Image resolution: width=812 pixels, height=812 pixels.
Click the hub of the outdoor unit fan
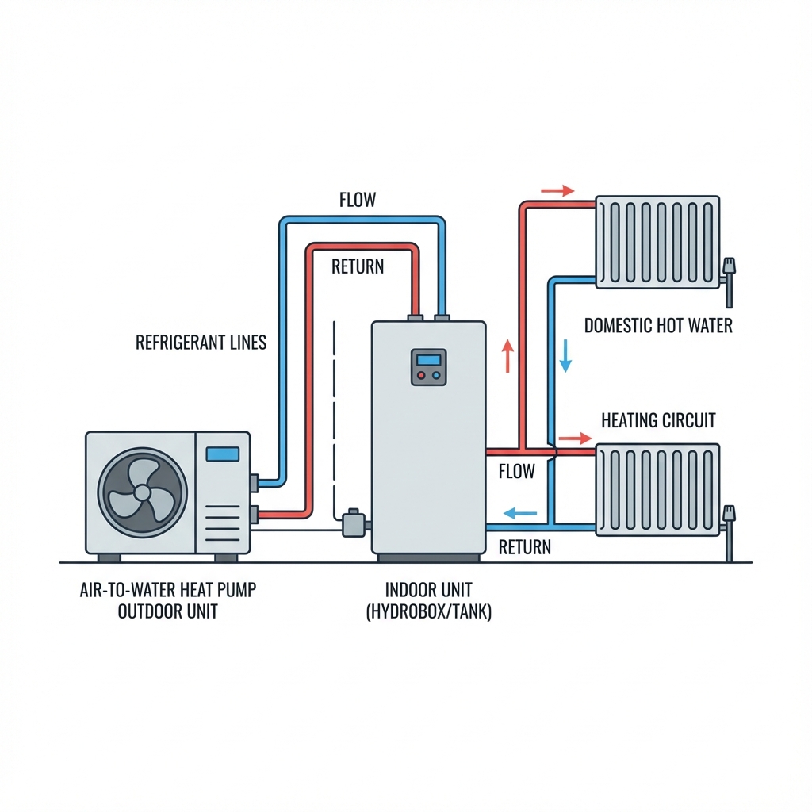click(x=142, y=492)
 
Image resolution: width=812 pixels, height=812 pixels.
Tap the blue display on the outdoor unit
click(x=222, y=454)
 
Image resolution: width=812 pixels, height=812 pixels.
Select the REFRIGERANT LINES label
click(x=201, y=343)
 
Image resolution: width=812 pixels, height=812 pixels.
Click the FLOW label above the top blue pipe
click(x=357, y=200)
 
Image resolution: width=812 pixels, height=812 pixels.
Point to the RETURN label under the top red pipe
click(x=358, y=266)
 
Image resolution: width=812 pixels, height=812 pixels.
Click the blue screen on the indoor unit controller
click(x=428, y=360)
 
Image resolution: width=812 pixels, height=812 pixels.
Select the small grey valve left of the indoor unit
click(x=353, y=525)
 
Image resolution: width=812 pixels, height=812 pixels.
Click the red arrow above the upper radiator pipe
click(x=557, y=190)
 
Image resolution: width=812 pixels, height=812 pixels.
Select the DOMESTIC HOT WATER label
click(x=658, y=325)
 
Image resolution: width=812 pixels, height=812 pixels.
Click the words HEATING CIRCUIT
click(x=658, y=419)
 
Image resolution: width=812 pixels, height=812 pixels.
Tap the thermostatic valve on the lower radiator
click(x=729, y=517)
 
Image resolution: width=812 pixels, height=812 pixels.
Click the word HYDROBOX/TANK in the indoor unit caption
click(x=428, y=613)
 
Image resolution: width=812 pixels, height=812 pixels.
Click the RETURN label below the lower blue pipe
click(x=524, y=547)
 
